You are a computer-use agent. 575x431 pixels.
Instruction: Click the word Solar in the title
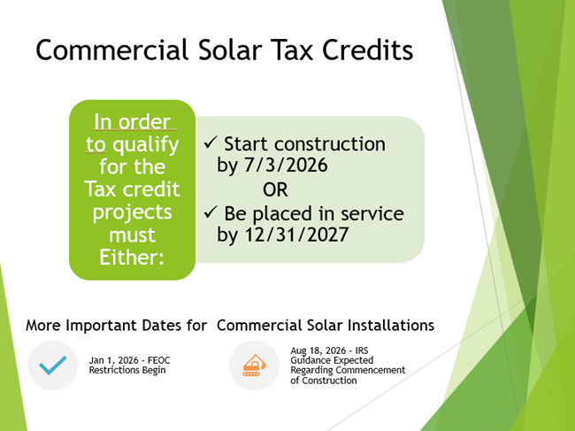230,50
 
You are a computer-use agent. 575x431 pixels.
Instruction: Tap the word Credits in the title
367,50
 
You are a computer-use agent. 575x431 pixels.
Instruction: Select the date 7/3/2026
286,165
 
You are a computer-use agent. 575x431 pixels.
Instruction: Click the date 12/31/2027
296,235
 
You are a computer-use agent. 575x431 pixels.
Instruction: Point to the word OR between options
275,189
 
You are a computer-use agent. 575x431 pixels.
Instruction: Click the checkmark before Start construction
211,142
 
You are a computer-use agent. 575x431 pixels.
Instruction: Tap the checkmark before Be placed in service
211,212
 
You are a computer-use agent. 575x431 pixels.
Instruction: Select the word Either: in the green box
132,258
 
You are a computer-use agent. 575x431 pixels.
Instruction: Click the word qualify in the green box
146,145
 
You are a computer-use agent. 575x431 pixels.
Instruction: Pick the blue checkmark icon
53,365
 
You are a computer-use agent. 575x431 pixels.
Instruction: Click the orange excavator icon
254,365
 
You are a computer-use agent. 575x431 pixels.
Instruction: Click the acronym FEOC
158,360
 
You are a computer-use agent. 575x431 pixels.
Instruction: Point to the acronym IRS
362,350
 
